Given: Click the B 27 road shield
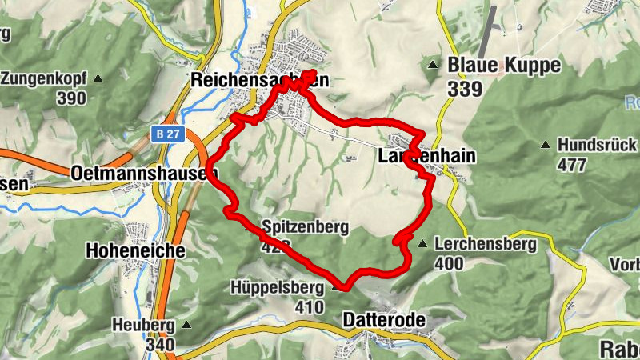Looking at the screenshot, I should coord(167,134).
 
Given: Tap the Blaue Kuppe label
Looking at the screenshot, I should coord(504,65).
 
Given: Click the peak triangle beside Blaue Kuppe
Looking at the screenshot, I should coord(433,65).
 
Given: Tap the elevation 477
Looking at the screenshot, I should coord(573,165).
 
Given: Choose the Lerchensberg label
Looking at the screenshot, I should coord(486,244).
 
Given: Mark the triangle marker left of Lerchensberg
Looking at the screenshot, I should coord(422,243).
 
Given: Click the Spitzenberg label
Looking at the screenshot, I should coord(305,227).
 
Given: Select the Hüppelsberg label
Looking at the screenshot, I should coord(277,286).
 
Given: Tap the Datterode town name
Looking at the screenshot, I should coord(384,320).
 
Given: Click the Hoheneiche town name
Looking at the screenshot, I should coord(135,250).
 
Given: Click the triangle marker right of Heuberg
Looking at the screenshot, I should coord(187,325).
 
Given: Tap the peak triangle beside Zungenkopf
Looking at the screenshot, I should coord(98,78).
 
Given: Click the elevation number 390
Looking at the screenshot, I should coord(71,98).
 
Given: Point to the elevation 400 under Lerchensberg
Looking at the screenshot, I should coord(450,263).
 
